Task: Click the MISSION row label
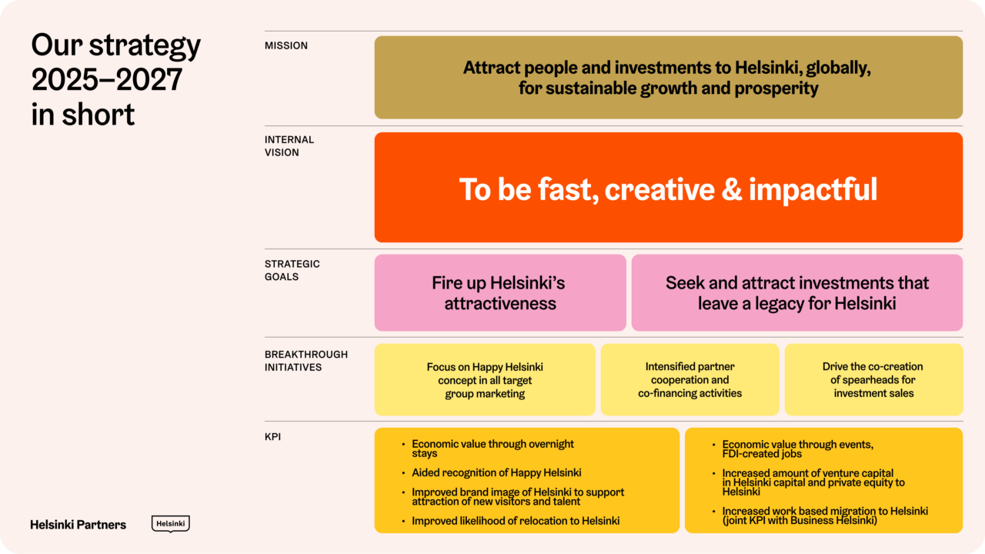[x=286, y=46]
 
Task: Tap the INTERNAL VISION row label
[x=289, y=146]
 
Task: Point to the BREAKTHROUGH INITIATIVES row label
[x=306, y=361]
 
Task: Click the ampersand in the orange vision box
[x=731, y=189]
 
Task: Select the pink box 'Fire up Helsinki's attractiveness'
[x=500, y=293]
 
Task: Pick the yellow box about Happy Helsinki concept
[x=485, y=380]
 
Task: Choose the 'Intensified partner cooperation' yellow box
[x=689, y=380]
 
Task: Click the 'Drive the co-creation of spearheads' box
[x=873, y=380]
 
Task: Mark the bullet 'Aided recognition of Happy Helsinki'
[x=496, y=472]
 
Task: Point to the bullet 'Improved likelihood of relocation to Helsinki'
[x=516, y=521]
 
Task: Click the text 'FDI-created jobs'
[x=762, y=454]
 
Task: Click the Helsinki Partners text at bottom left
[x=78, y=525]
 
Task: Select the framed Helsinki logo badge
[x=170, y=523]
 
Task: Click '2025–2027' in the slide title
[x=107, y=80]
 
